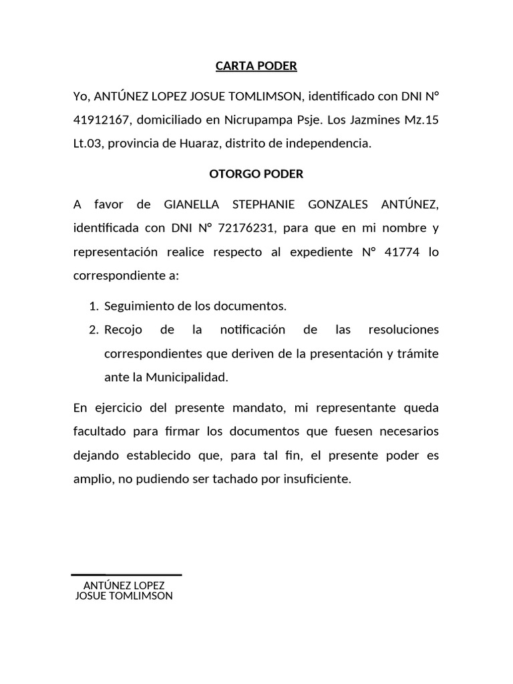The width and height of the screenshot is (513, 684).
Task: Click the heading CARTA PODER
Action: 256,66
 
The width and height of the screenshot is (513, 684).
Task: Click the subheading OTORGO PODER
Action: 256,174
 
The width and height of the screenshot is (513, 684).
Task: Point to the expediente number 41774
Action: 399,252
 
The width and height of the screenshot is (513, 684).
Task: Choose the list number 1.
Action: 92,307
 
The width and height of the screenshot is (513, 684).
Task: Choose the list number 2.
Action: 92,330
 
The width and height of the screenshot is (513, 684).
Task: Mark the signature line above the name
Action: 126,574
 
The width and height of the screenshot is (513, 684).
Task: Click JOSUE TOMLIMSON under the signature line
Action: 124,596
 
